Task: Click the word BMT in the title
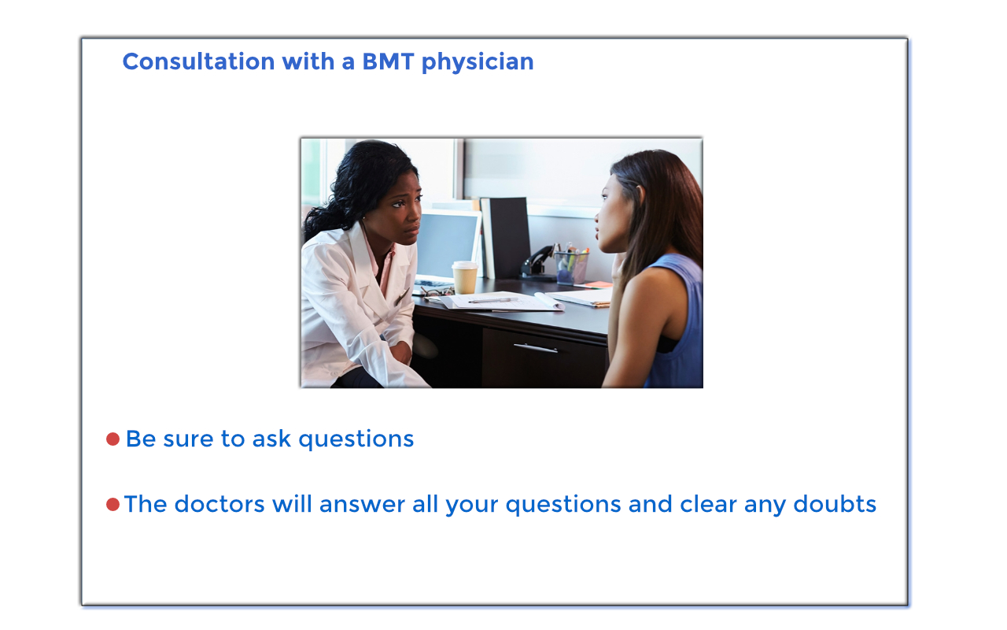(388, 61)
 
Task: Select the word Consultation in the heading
(199, 61)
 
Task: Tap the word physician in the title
(478, 62)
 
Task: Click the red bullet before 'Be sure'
(113, 439)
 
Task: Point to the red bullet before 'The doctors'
(113, 505)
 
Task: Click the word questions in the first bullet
(356, 440)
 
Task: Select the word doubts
(835, 504)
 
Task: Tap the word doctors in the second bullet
(219, 504)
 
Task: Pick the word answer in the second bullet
(363, 505)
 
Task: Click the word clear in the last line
(708, 504)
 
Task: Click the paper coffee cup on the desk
(464, 277)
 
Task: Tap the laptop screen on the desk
(447, 244)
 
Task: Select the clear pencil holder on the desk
(571, 267)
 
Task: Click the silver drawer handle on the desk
(536, 348)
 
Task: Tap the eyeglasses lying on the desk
(436, 292)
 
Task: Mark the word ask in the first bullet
(271, 439)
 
